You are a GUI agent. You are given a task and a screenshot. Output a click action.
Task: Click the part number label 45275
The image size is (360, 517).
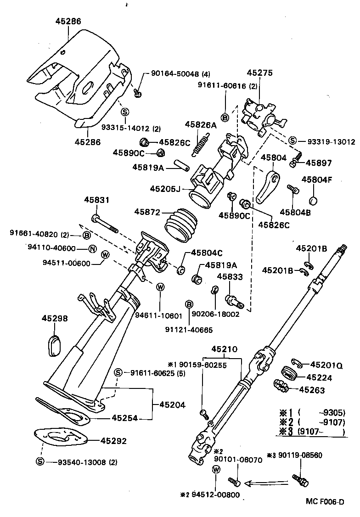coord(259,73)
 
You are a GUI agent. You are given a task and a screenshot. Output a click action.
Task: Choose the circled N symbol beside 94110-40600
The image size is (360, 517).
coord(92,249)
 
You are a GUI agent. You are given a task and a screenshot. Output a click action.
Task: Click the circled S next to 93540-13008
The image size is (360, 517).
coord(40,462)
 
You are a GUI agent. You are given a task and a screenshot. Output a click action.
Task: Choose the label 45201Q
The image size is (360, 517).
coord(326,365)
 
